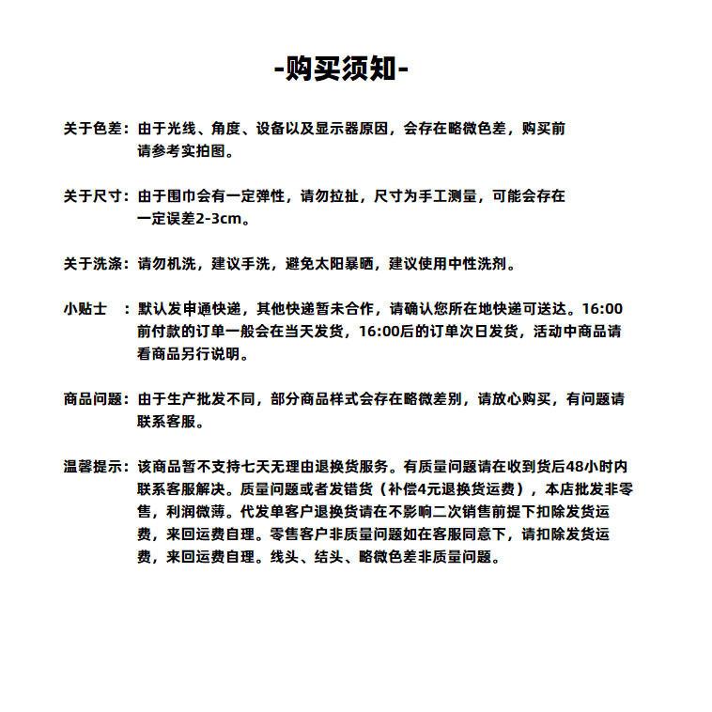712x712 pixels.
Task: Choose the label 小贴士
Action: click(85, 309)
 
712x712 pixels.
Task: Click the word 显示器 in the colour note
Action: click(334, 129)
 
